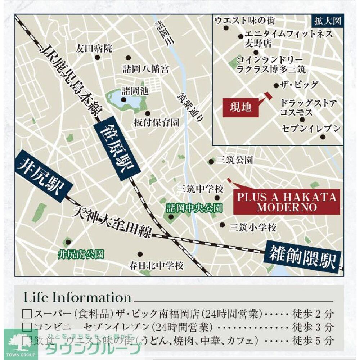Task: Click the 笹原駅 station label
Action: coord(116,149)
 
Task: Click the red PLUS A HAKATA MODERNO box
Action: coord(287,202)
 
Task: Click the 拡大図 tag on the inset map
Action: coord(327,21)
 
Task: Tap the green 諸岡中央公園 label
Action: coord(194,208)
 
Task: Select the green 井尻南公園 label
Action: coord(81,255)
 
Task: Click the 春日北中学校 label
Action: coord(156,266)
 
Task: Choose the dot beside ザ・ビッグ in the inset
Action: coord(276,86)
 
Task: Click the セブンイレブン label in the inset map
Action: coord(311,129)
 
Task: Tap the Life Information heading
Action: coord(77,298)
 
